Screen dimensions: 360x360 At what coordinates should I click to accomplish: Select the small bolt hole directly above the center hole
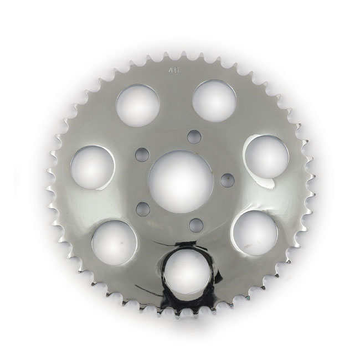pos(192,136)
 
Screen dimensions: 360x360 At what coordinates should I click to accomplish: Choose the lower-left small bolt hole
pos(143,208)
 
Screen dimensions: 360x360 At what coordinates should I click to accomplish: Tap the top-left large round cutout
pos(138,104)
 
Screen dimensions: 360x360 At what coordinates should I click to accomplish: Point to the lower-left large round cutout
pos(115,243)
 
